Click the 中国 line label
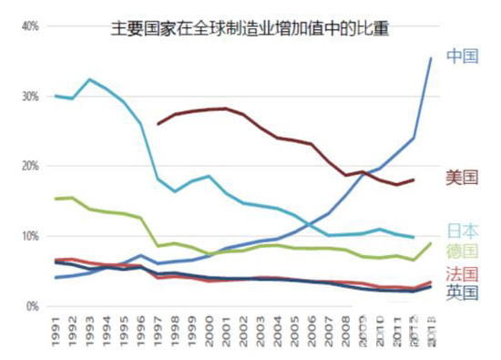pyautogui.click(x=462, y=57)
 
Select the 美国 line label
pyautogui.click(x=462, y=177)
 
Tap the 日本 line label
pyautogui.click(x=462, y=230)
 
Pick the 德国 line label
pyautogui.click(x=462, y=251)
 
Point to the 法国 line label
pyautogui.click(x=462, y=273)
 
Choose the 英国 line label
pyautogui.click(x=462, y=292)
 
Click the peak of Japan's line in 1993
pyautogui.click(x=89, y=79)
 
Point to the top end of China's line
pyautogui.click(x=431, y=58)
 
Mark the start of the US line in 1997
pyautogui.click(x=158, y=124)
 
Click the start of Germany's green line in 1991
pyautogui.click(x=56, y=199)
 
